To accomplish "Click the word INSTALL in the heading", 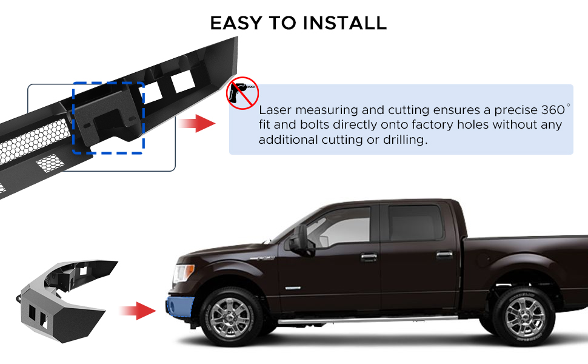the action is click(345, 23).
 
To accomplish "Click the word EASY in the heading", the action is click(236, 23).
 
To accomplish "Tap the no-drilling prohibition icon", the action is click(242, 93).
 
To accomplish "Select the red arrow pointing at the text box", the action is click(196, 123).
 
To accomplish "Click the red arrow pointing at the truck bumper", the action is click(137, 311).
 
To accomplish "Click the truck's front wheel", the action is click(229, 317).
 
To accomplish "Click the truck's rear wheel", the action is click(524, 317).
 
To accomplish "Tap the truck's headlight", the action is click(183, 273).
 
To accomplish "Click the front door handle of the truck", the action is click(369, 257).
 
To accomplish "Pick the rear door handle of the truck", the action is click(444, 255).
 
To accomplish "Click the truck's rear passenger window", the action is click(415, 223).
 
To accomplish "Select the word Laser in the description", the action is click(275, 110).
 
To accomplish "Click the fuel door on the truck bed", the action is click(483, 258).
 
